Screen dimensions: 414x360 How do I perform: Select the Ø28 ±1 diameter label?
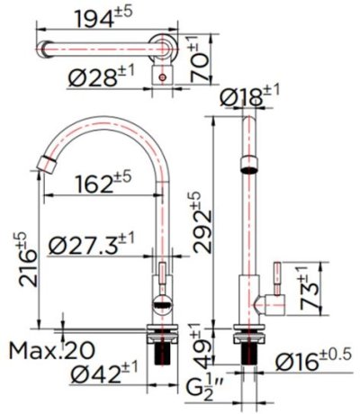(102, 78)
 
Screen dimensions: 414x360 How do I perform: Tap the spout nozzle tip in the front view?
(44, 164)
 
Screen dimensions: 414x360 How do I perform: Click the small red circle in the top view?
(162, 78)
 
